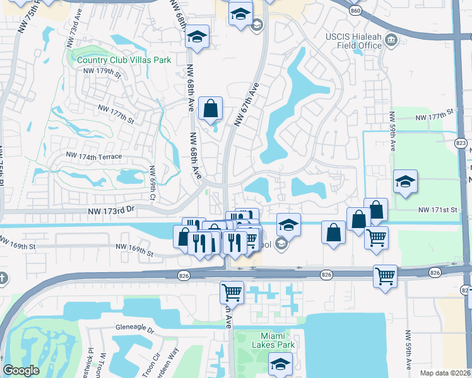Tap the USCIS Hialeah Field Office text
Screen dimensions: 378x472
353,40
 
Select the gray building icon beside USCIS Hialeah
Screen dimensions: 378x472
392,41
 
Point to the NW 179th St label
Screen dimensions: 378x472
102,71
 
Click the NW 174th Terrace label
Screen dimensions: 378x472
93,155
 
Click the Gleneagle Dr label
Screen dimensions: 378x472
135,328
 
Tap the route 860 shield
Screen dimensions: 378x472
355,11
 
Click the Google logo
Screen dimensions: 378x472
21,370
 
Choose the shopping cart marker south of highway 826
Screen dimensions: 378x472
232,292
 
